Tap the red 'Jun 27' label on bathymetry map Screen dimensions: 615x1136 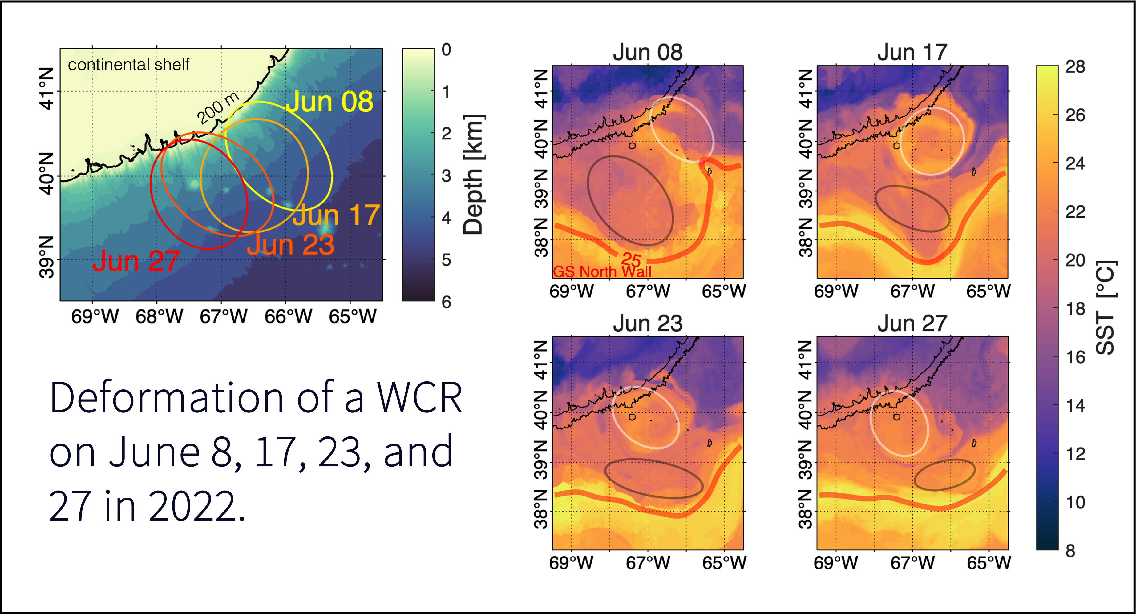pos(136,261)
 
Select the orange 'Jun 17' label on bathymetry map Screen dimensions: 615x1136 pos(336,215)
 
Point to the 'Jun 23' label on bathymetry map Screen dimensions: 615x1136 pos(291,245)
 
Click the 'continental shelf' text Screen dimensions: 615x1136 pos(128,65)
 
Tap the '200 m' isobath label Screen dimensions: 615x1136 pos(218,108)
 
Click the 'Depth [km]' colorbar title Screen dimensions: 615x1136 pos(474,175)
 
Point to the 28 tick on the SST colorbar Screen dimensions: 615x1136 pos(1075,67)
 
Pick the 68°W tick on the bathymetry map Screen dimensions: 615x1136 pos(159,316)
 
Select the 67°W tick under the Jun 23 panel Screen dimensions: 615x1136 pos(648,563)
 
